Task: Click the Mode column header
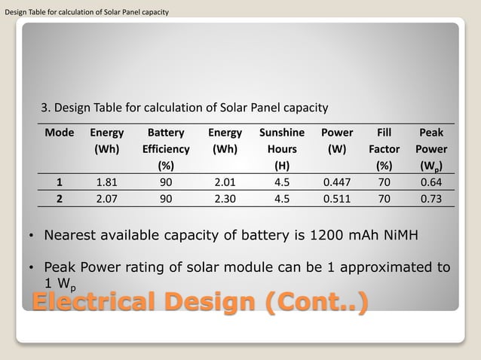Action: [x=60, y=133]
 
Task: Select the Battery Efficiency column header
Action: [x=166, y=148]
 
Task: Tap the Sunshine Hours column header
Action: [x=282, y=148]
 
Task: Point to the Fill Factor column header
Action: [x=389, y=148]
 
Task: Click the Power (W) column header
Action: [x=337, y=141]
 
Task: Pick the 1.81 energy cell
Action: [x=107, y=182]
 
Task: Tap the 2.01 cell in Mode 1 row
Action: [x=225, y=182]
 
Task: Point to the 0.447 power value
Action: [x=337, y=182]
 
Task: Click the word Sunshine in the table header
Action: [x=282, y=133]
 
